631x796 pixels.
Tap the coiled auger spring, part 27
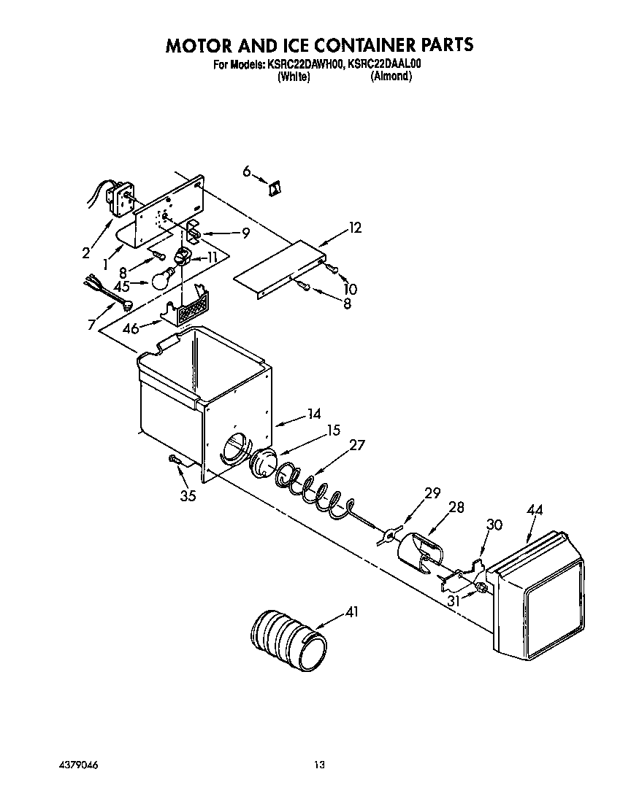pos(312,492)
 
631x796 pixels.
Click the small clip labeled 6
pos(276,188)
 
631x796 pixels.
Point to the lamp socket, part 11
pos(183,257)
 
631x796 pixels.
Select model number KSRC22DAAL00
pos(385,64)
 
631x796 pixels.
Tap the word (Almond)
pos(391,77)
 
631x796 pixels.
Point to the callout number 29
pos(432,493)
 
